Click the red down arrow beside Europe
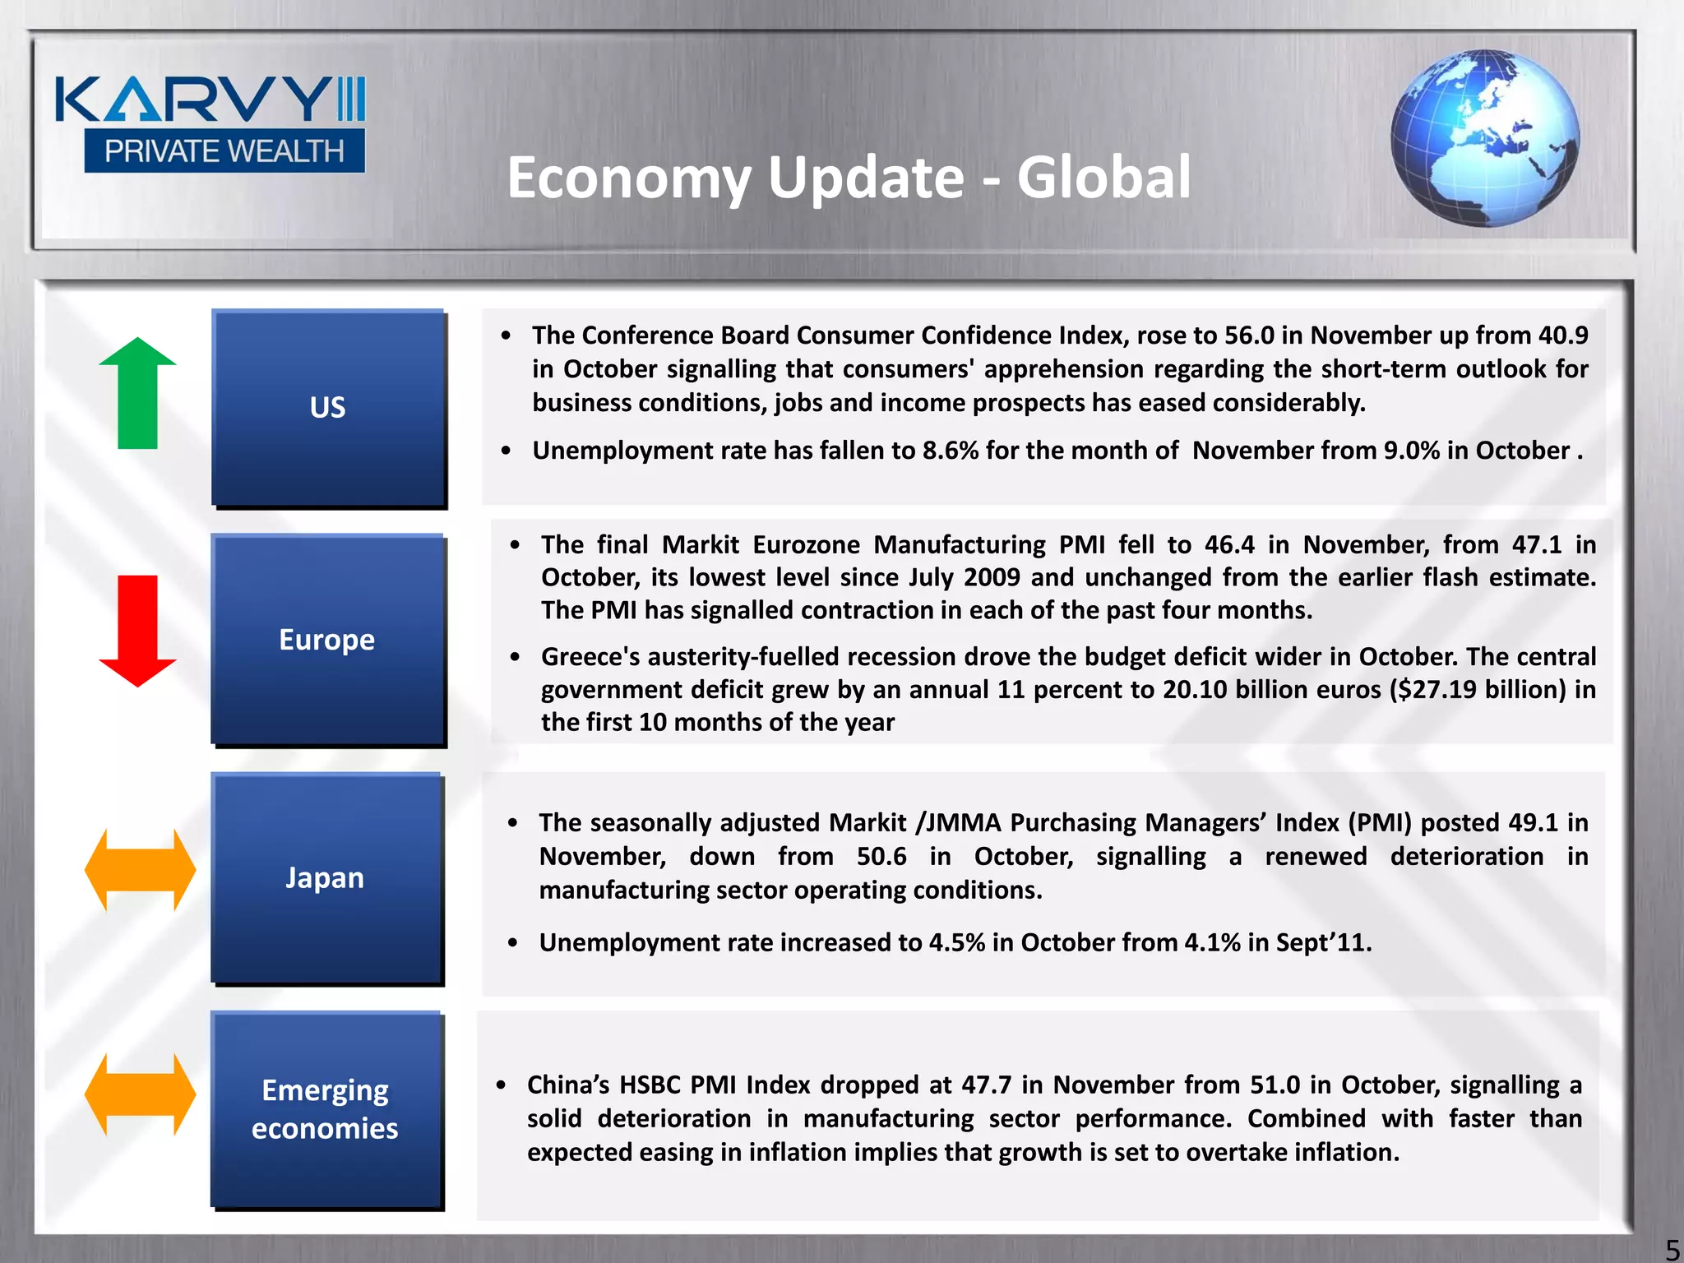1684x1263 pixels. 137,631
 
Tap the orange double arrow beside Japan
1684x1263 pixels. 140,870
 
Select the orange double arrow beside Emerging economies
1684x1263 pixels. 140,1094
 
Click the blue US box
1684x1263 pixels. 328,407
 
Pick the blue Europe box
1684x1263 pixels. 327,640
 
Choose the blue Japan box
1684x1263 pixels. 326,877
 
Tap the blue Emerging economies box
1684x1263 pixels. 326,1109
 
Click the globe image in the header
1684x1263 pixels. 1485,138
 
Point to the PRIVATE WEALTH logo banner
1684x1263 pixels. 224,151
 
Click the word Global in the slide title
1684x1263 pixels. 1103,178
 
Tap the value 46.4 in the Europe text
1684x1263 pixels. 1229,545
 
